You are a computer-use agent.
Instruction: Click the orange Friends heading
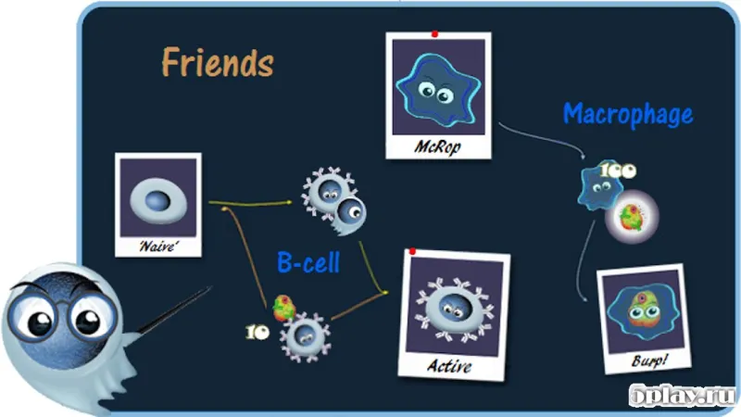pos(218,62)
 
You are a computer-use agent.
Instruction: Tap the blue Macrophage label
pos(628,114)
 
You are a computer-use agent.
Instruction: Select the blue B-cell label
pos(308,262)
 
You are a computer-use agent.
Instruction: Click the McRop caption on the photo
pos(437,146)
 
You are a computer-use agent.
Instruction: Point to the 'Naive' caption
pos(158,246)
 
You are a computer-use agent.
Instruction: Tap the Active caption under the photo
pos(449,366)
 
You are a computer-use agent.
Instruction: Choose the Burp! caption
pos(649,360)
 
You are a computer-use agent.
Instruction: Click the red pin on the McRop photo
pos(434,34)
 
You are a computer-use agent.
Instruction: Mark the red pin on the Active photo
pos(412,251)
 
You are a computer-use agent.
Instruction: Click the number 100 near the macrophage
pos(618,171)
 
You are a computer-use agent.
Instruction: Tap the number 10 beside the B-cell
pos(257,333)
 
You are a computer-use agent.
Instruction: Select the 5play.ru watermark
pos(683,395)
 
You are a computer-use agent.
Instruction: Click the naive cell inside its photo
pos(158,201)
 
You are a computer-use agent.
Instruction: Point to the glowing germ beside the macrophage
pos(632,217)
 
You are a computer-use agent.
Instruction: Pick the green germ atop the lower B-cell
pos(284,308)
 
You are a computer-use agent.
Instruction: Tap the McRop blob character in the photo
pos(438,90)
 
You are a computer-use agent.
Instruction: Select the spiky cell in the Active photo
pos(455,310)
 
